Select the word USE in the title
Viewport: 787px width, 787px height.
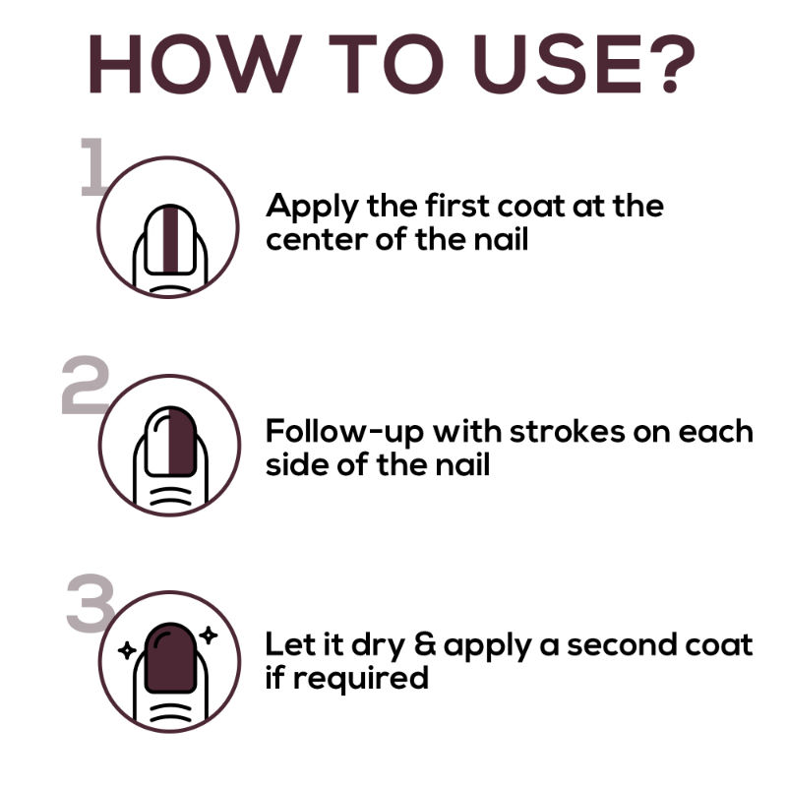tap(558, 64)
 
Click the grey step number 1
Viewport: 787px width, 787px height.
tap(92, 166)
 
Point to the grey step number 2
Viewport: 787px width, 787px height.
tap(85, 385)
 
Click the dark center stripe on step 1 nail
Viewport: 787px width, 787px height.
tap(170, 240)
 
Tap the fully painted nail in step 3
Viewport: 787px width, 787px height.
tap(170, 658)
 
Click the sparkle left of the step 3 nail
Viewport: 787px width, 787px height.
tap(127, 650)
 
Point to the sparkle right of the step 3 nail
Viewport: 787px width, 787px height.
tap(208, 636)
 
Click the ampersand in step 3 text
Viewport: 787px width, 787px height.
tap(425, 645)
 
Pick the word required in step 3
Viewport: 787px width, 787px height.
tap(361, 679)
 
